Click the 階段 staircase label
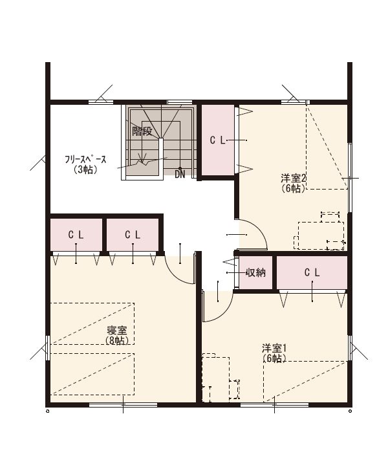(x=142, y=131)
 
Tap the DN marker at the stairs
(x=180, y=175)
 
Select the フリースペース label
(x=85, y=160)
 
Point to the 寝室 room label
(x=117, y=331)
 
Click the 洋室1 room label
(x=274, y=348)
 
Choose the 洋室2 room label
(x=293, y=178)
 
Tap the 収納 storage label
(x=255, y=272)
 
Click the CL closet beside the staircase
(x=218, y=140)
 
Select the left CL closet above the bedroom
(x=76, y=235)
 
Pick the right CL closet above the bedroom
(x=133, y=235)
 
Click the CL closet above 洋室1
(x=312, y=272)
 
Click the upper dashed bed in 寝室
(x=92, y=323)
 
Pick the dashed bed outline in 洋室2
(x=327, y=147)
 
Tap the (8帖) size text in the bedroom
(x=117, y=340)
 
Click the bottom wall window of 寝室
(x=124, y=405)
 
